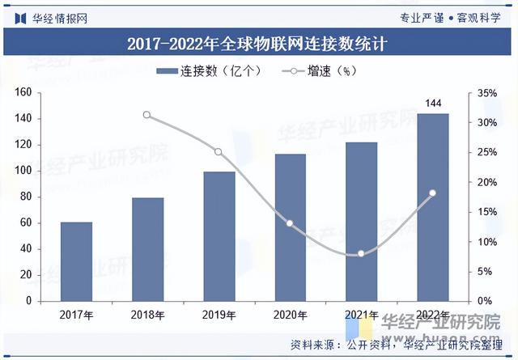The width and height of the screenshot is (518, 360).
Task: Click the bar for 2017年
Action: point(76,260)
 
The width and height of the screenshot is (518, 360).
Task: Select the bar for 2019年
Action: point(219,235)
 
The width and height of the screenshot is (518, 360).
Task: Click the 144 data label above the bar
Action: point(433,103)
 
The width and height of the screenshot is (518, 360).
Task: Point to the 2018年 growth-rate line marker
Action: point(146,115)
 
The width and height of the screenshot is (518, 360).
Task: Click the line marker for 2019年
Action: point(218,152)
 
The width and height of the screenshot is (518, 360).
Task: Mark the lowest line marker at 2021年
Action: point(361,253)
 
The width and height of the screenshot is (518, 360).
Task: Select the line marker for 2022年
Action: point(432,193)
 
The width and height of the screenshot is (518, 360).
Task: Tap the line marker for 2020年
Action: point(290,223)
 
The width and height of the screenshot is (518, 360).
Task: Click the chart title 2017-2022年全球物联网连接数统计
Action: point(258,44)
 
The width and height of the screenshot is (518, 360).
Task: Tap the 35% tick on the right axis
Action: point(486,93)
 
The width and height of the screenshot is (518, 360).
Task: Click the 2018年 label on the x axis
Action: point(147,314)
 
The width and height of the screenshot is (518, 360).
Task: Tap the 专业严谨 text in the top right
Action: point(422,17)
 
